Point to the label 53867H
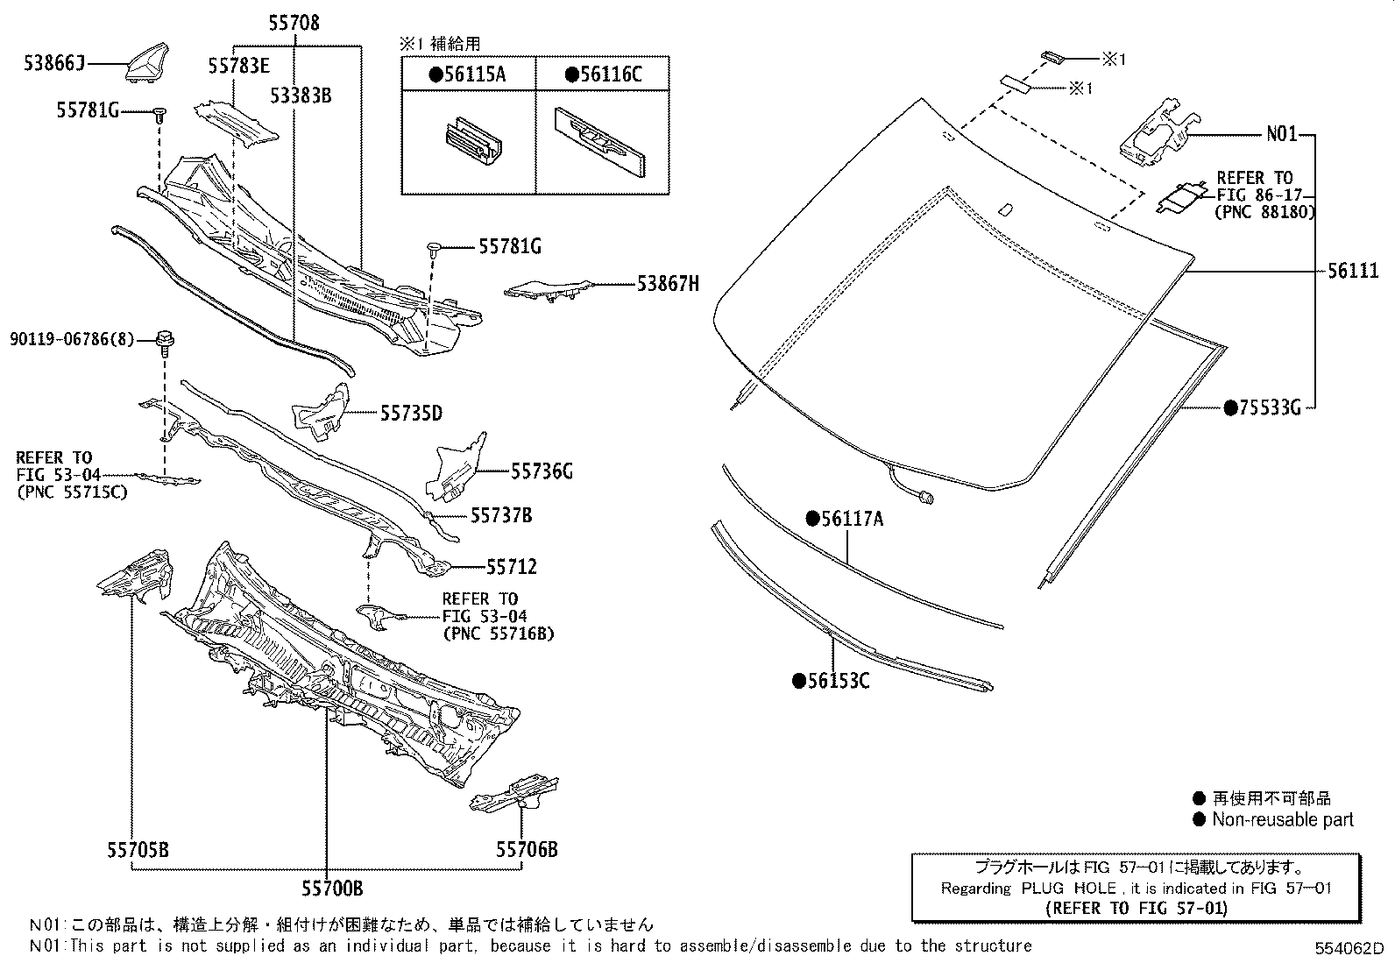[x=668, y=283]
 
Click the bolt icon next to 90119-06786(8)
[x=164, y=339]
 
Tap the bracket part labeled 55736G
[x=455, y=467]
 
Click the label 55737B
[x=501, y=515]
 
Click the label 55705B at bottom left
[x=138, y=849]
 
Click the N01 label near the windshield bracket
[x=1282, y=135]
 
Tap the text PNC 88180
[x=1265, y=212]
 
